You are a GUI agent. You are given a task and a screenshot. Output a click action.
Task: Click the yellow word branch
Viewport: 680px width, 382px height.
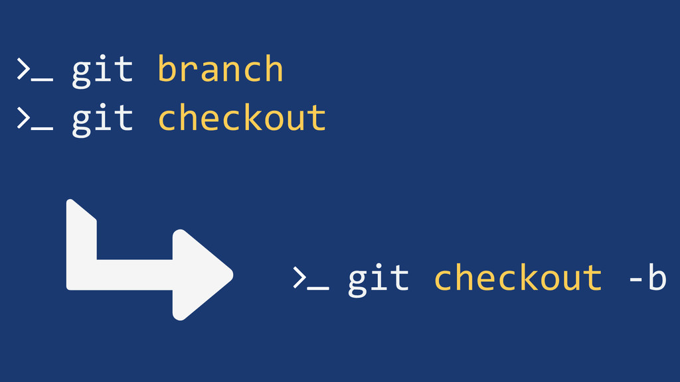point(220,70)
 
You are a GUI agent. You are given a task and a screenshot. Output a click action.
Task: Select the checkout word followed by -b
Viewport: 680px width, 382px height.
point(517,278)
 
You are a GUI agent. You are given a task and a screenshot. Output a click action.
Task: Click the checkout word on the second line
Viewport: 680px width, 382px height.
point(242,119)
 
